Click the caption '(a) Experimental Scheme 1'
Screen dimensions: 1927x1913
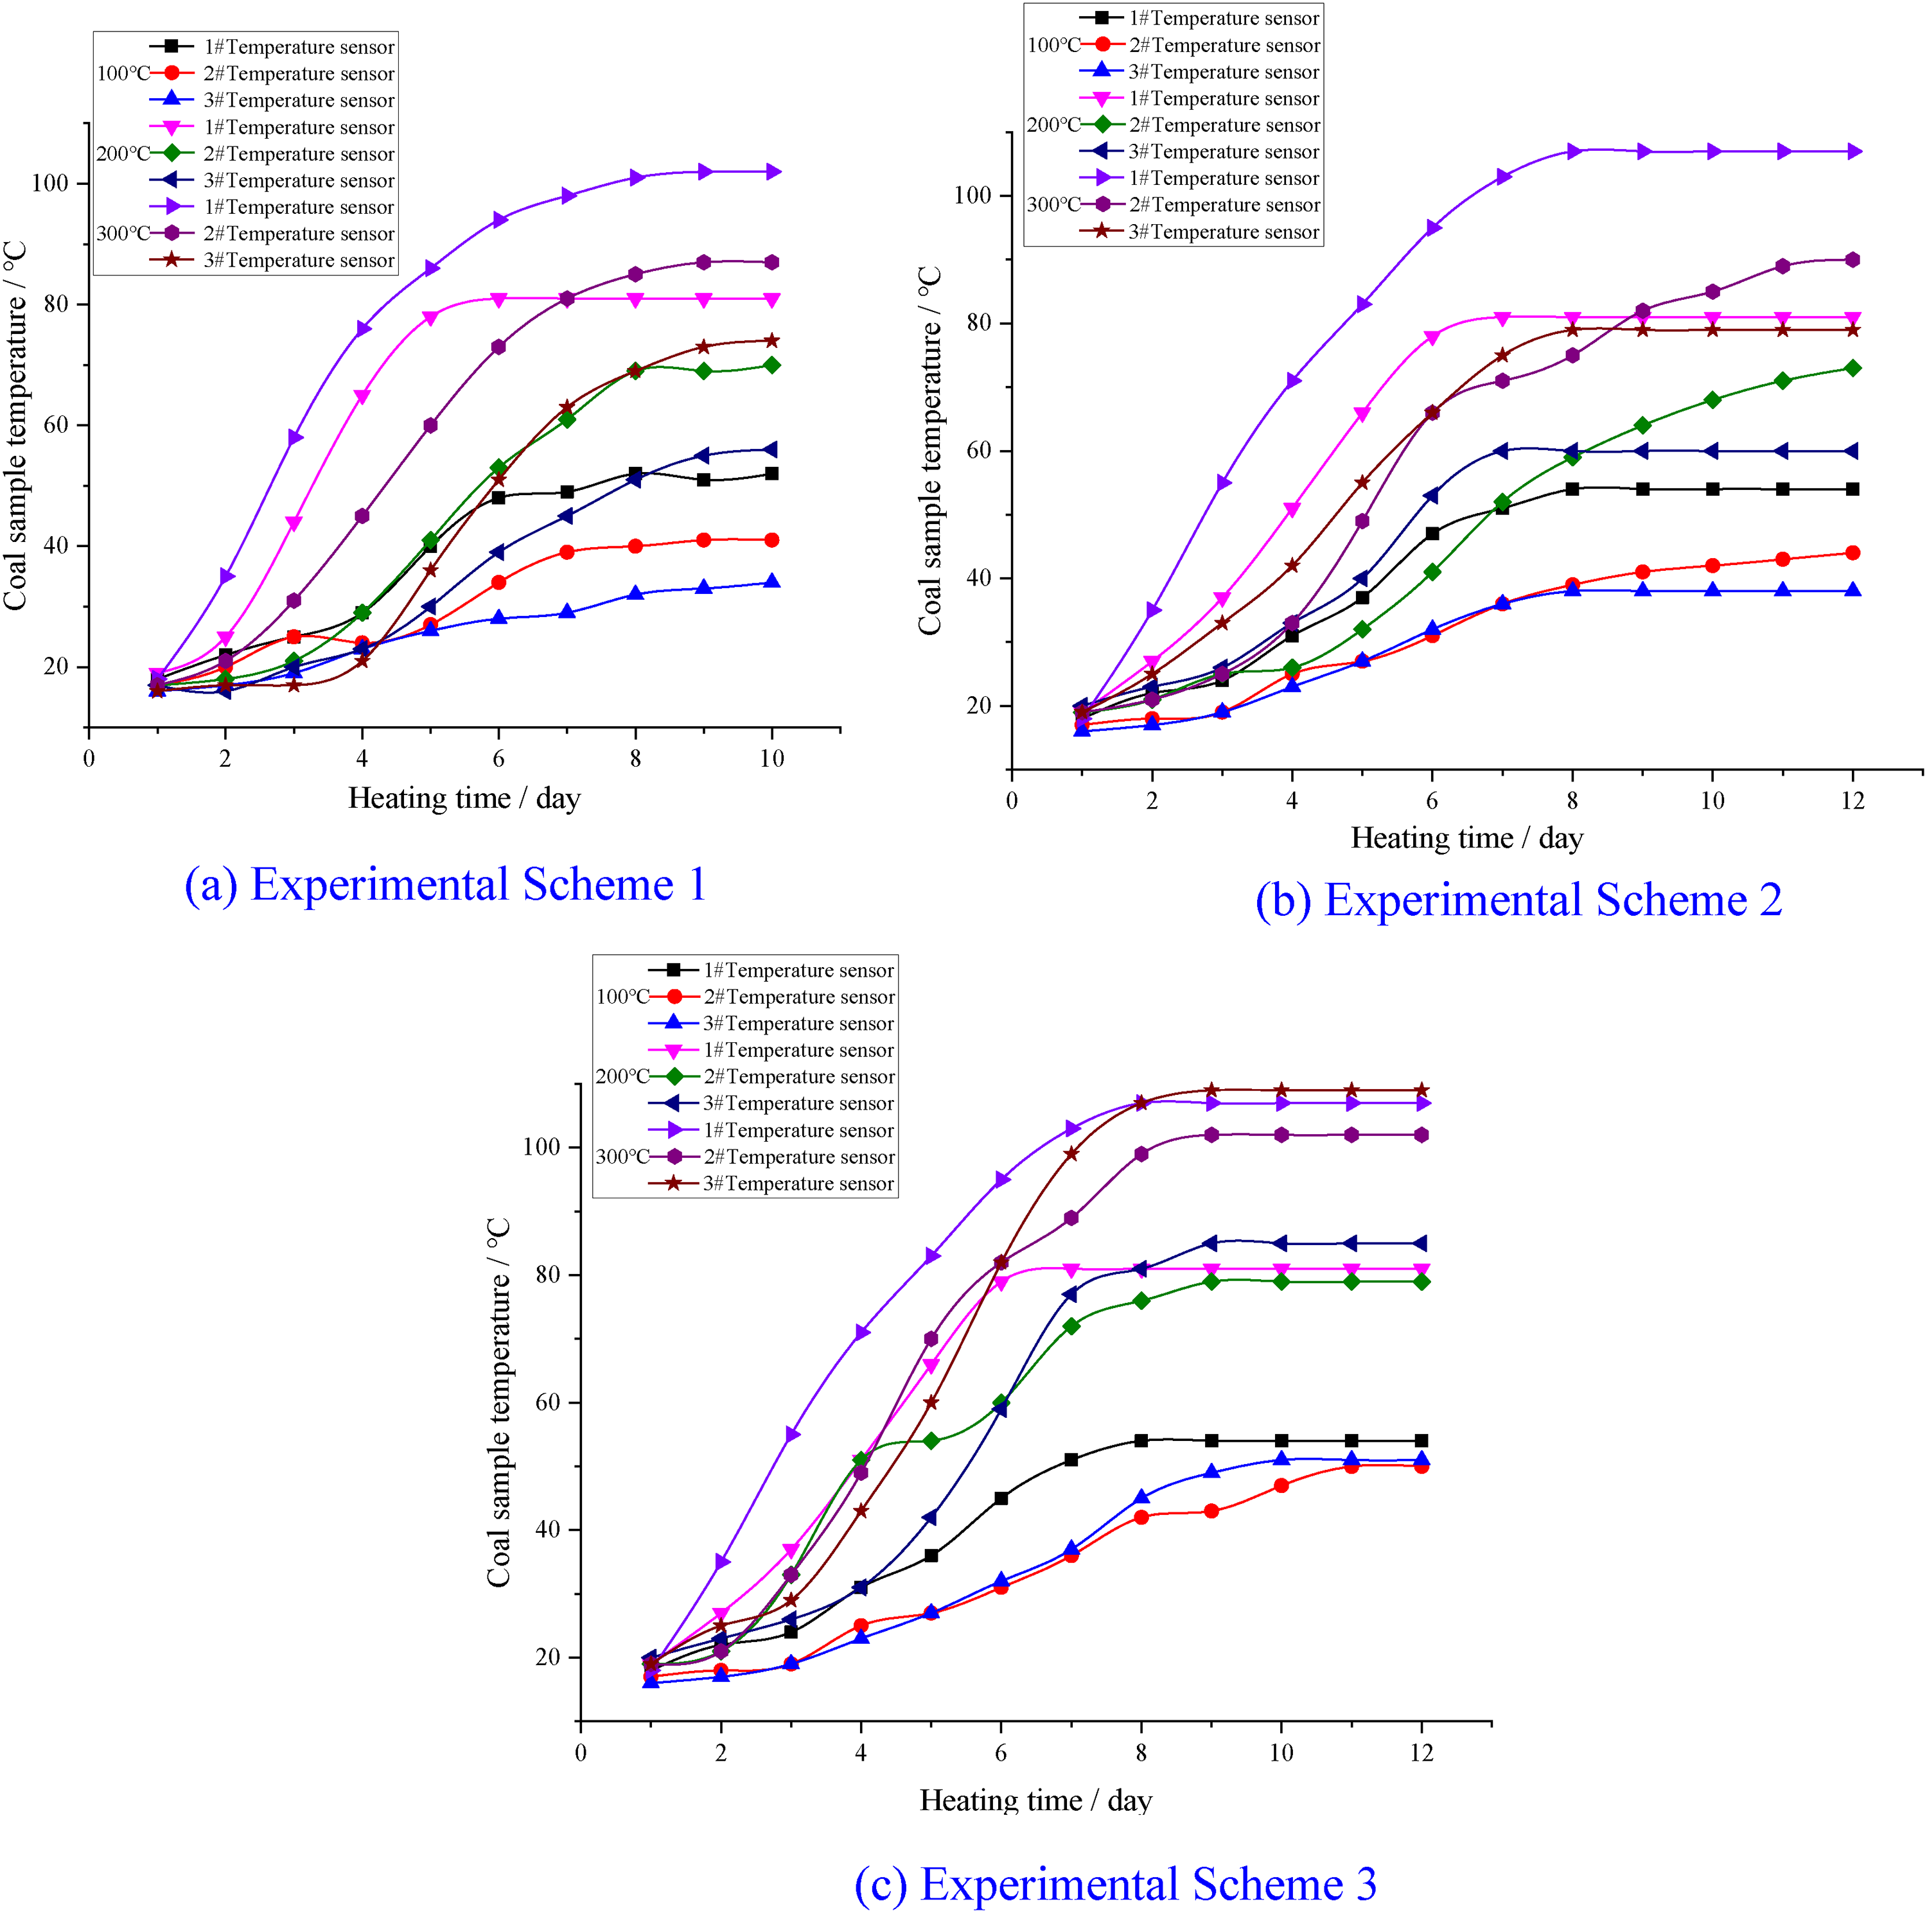446,885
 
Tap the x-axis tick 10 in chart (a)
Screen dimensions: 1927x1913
772,759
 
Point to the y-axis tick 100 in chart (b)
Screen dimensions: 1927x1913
972,195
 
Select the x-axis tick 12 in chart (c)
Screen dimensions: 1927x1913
1421,1752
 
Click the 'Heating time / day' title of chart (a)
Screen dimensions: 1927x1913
464,798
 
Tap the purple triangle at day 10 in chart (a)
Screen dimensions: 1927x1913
773,171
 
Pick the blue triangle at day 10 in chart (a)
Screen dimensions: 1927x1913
772,582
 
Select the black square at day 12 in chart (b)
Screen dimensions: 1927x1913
1853,489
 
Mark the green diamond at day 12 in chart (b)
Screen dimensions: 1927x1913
1853,368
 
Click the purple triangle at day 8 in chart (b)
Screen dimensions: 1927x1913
1574,152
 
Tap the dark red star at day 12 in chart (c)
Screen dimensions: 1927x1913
1421,1090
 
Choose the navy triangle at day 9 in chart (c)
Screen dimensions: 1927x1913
1211,1243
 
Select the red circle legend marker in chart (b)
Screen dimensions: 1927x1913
1103,45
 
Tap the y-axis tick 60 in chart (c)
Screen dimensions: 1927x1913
547,1402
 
